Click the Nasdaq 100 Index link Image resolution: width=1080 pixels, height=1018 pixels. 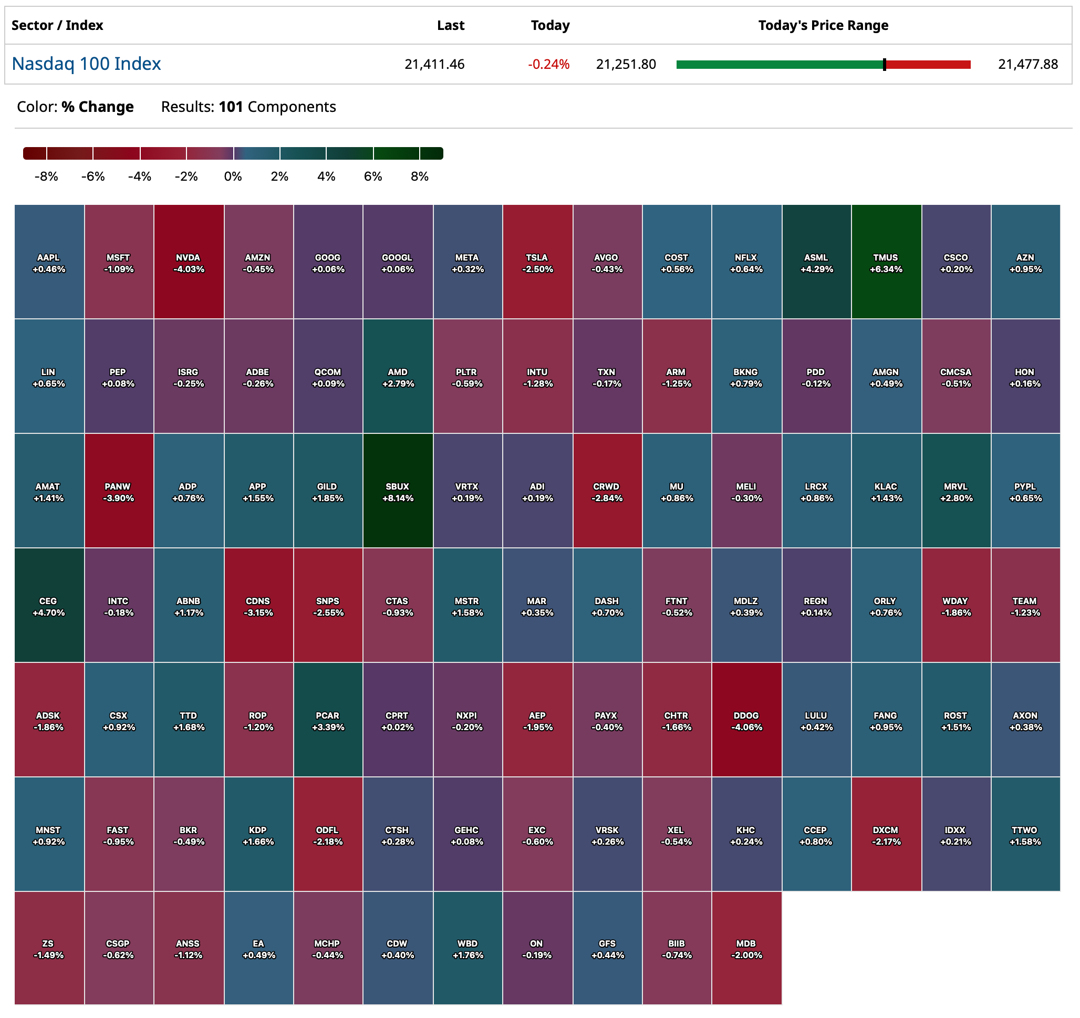(86, 64)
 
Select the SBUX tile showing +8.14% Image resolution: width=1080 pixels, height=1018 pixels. (398, 491)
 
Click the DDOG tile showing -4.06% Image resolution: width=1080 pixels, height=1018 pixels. (746, 720)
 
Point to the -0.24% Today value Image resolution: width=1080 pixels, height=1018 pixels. (549, 65)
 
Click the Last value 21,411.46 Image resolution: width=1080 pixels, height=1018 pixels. (434, 65)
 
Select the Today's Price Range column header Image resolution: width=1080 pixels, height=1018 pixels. (823, 26)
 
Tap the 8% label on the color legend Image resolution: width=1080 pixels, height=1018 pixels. (419, 176)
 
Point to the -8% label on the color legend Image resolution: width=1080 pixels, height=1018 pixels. (46, 176)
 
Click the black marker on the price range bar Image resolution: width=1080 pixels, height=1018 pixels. (885, 65)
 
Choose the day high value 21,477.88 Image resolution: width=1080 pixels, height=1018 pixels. (1028, 65)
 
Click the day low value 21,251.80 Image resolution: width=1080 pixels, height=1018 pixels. (626, 65)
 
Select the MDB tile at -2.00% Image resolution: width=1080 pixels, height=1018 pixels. (746, 949)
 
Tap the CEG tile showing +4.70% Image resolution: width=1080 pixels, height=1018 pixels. (49, 606)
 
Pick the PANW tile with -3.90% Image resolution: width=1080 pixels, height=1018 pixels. (118, 491)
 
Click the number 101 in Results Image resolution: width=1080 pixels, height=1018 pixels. (231, 107)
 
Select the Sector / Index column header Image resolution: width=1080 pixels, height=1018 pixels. (57, 26)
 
